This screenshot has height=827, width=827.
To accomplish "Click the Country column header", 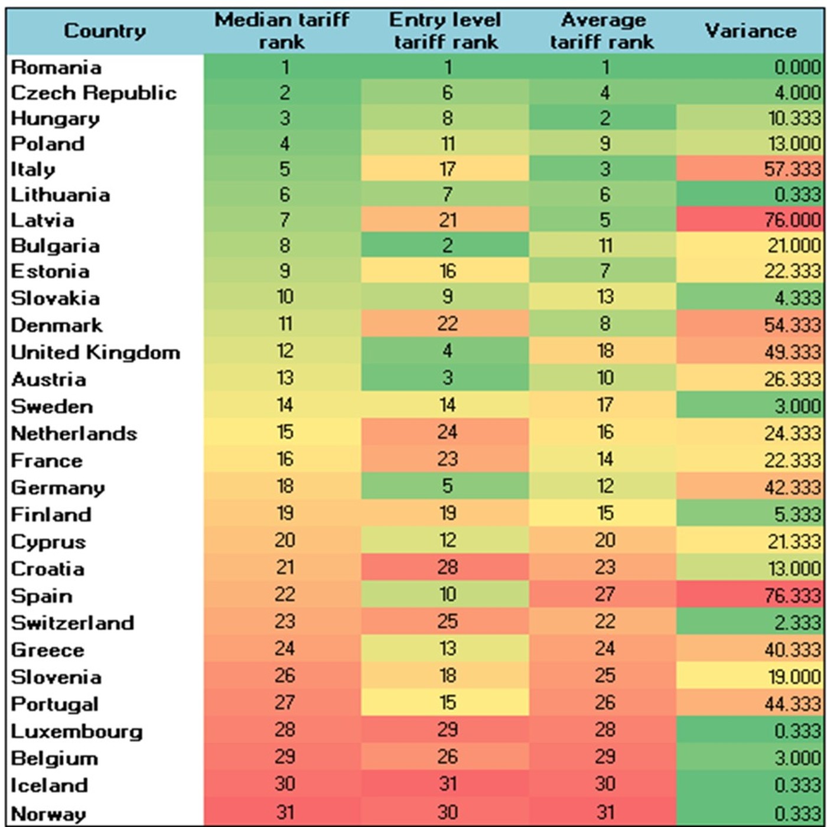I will [x=105, y=31].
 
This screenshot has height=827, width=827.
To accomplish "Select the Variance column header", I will [x=750, y=31].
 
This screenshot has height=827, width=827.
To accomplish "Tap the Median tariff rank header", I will [x=282, y=31].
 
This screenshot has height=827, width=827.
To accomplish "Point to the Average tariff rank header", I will [x=603, y=31].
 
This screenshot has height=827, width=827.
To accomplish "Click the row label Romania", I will [x=56, y=67].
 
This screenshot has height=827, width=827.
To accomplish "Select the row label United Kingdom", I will [x=95, y=352].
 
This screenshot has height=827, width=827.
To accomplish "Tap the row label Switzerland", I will [x=73, y=623].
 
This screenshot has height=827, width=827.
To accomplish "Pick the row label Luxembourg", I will [x=77, y=731].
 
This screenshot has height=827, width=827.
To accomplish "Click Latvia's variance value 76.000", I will [x=792, y=220].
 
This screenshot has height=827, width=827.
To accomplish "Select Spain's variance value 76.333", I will [x=792, y=595].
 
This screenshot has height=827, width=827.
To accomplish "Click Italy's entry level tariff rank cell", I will [x=447, y=170].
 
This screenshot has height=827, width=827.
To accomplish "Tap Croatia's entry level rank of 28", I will [x=447, y=568].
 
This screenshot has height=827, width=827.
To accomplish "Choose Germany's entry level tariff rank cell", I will [x=447, y=486].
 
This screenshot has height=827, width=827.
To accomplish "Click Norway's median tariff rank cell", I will [x=285, y=812].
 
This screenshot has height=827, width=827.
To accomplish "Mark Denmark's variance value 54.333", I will [x=792, y=325].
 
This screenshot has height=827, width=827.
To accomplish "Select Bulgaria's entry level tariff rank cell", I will [x=447, y=246].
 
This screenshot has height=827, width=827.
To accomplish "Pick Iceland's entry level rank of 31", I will [x=447, y=784].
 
